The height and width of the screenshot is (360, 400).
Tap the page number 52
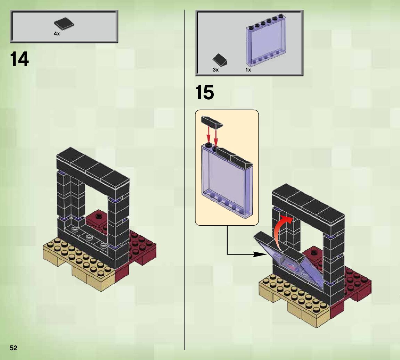[14, 348]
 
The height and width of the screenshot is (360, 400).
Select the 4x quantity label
[57, 34]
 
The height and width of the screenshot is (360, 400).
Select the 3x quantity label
[215, 70]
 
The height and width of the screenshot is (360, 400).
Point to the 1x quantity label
[248, 70]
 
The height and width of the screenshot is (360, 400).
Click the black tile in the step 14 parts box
[64, 24]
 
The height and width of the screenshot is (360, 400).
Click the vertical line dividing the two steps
[185, 208]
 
